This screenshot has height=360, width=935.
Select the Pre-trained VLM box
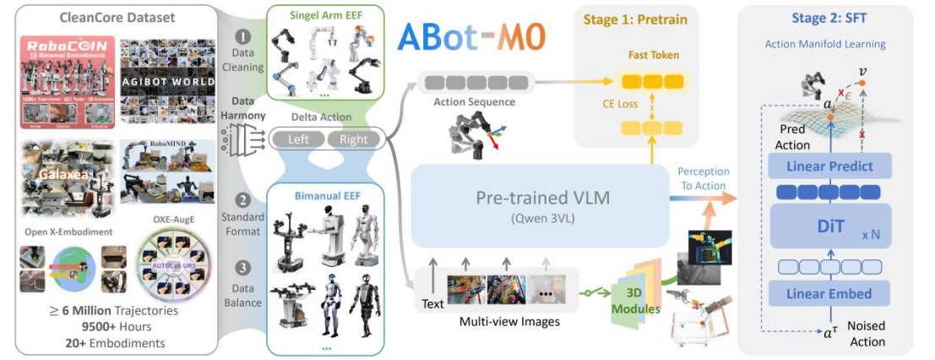540,205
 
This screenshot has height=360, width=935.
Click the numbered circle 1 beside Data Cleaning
244,36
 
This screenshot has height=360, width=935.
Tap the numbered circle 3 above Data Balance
244,269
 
